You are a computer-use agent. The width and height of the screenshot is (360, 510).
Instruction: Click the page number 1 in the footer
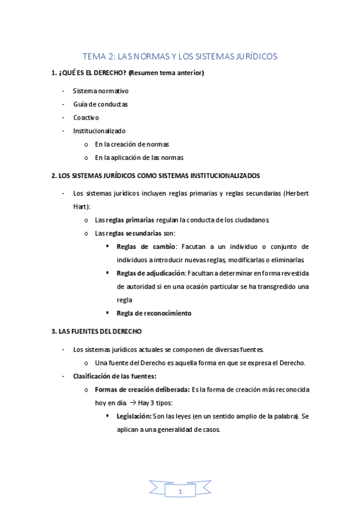point(180,493)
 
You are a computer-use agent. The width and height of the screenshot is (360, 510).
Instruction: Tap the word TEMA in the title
point(95,57)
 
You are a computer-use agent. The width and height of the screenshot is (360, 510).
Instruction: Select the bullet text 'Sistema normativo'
point(100,91)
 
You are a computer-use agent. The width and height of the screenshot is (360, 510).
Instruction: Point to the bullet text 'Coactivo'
point(86,117)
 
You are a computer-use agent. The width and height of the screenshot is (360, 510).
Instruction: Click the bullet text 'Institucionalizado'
point(99,131)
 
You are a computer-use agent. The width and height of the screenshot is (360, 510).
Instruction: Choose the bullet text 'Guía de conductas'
point(100,104)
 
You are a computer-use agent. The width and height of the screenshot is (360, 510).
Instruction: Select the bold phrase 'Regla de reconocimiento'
point(154,313)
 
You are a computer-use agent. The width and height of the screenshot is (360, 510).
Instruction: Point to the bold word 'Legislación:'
point(134,416)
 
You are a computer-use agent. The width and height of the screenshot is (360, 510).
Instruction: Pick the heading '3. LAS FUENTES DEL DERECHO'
point(96,331)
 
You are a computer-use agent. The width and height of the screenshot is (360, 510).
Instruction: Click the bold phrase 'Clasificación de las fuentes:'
point(114,376)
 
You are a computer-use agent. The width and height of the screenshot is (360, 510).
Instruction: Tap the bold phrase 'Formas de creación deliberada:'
point(142,389)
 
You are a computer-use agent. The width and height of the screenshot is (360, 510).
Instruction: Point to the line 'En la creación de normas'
point(132,144)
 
